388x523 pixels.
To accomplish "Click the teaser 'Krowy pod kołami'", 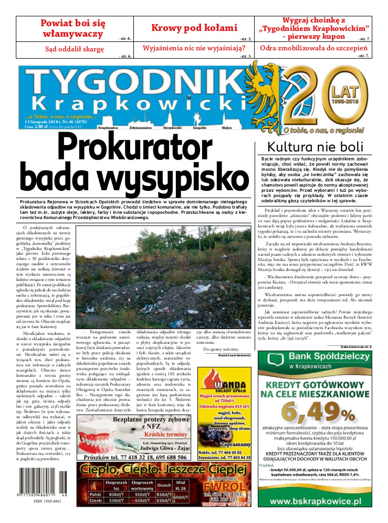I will coord(194,28).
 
